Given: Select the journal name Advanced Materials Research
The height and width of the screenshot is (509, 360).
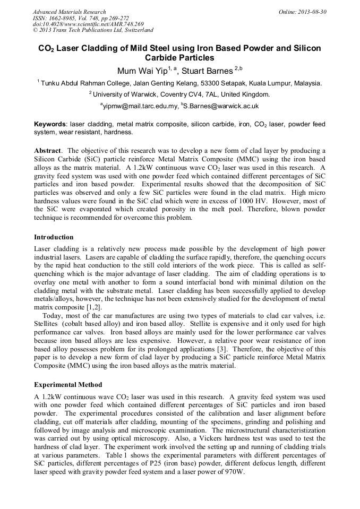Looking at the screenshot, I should pos(69,12).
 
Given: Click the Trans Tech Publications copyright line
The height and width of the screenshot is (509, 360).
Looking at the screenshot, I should pos(93,30).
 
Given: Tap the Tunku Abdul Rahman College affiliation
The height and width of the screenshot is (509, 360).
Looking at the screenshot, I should pos(180,83).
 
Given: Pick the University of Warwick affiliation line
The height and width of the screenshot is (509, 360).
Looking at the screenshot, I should pos(180,94).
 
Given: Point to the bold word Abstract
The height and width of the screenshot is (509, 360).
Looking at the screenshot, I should pos(48,151).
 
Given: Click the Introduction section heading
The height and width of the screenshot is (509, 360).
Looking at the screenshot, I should pos(54,237).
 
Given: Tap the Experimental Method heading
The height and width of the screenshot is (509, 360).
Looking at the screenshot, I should pos(68,385).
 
